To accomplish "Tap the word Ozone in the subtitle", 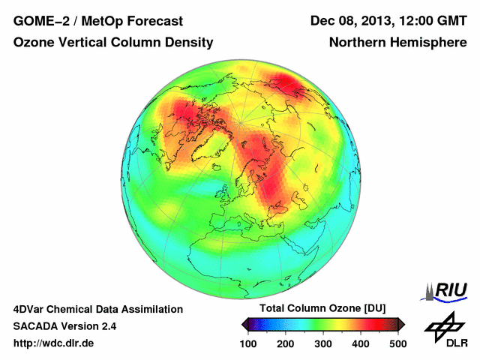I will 32,43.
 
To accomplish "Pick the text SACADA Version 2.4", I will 64,326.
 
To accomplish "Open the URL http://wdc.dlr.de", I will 54,343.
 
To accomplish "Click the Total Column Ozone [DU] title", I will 322,309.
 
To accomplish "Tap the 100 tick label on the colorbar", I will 248,343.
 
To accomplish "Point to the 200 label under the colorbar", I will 286,343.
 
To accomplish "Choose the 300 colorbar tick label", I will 323,343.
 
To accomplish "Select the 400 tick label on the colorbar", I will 361,343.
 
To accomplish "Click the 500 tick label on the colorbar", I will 397,343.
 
